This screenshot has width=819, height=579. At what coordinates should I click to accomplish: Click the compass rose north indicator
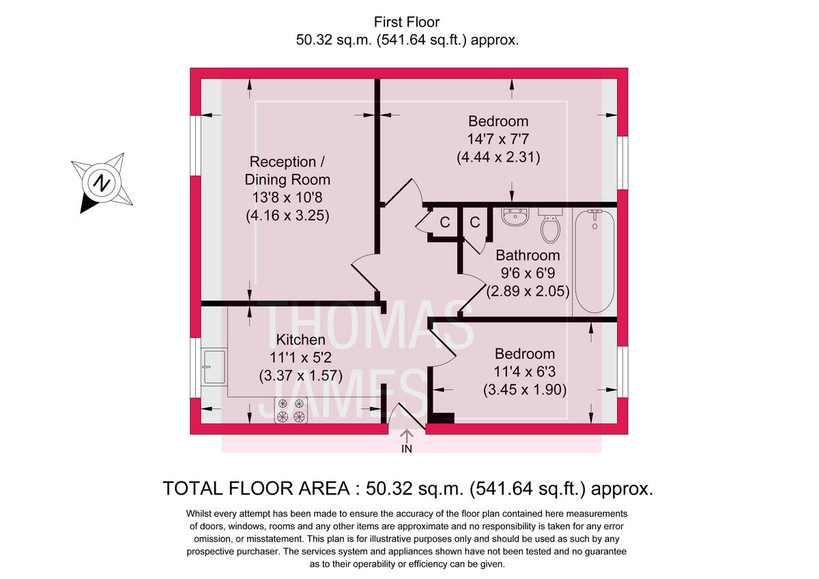pos(102,183)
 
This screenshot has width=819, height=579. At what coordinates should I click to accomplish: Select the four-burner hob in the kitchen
pos(291,411)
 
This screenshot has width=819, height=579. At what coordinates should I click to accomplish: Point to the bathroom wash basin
pos(515,217)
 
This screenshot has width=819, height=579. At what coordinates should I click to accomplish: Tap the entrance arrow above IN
pos(407,434)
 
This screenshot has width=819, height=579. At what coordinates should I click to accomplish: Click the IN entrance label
pos(407,449)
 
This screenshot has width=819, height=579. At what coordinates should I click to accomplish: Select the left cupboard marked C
pos(444,222)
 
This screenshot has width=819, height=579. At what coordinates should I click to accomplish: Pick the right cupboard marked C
pos(475,222)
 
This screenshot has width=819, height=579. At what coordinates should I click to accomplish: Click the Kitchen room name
pos(300,340)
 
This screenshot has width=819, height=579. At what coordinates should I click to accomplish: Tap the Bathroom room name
pos(527,256)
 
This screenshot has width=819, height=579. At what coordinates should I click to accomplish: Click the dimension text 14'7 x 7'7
pos(498,139)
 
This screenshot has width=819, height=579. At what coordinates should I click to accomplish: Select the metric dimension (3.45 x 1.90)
pos(525,390)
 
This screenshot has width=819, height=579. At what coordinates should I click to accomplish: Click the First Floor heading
pos(407,23)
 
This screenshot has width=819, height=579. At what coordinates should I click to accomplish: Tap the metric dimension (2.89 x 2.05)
pos(527,291)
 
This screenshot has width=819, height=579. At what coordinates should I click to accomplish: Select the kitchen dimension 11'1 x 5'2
pos(300,357)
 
